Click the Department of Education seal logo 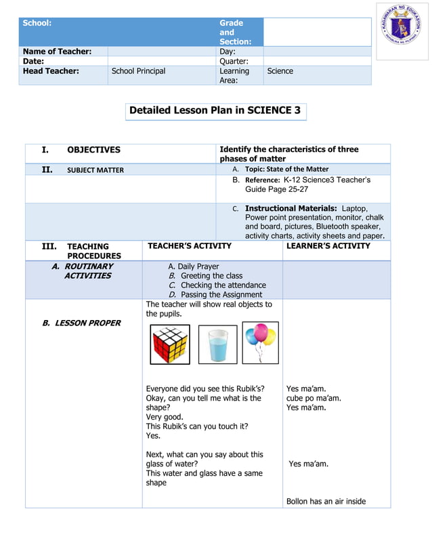(403, 31)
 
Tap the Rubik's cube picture (169, 344)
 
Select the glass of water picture (217, 344)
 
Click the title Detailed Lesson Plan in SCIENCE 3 (215, 111)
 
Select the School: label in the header (37, 23)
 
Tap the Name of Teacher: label (57, 52)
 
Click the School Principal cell (138, 71)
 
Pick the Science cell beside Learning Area (280, 71)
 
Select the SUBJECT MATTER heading (95, 170)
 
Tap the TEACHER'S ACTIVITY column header (190, 246)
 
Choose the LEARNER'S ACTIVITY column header (328, 246)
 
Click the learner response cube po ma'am (314, 399)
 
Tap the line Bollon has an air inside (326, 502)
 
